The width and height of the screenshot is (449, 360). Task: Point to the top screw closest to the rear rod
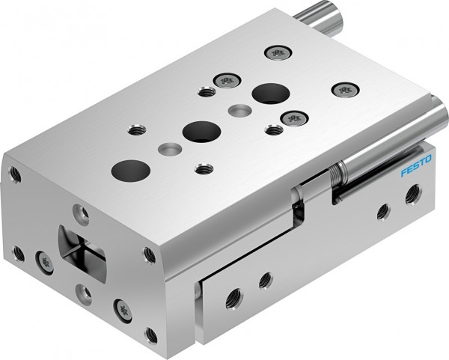pyautogui.click(x=277, y=53)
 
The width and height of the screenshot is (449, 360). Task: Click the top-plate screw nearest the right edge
pyautogui.click(x=345, y=90)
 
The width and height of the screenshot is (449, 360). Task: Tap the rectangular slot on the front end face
pyautogui.click(x=82, y=250)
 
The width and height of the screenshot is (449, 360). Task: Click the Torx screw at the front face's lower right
pyautogui.click(x=120, y=308)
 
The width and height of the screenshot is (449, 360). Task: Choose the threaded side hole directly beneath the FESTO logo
pyautogui.click(x=412, y=196)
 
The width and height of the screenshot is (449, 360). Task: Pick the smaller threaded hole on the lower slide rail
pyautogui.click(x=265, y=281)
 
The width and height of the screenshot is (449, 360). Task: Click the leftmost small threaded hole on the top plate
pyautogui.click(x=136, y=130)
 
